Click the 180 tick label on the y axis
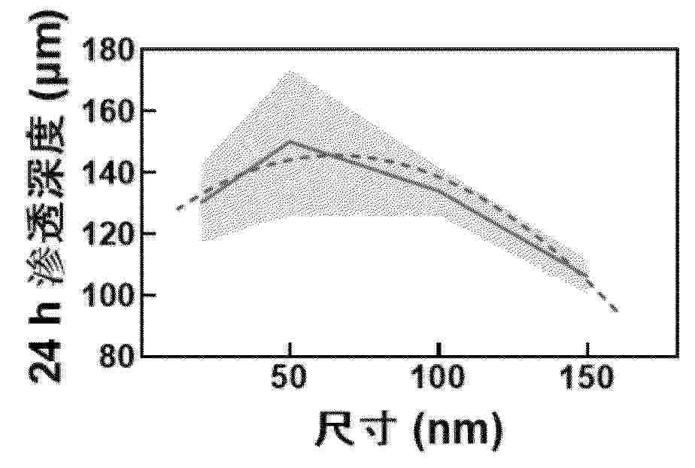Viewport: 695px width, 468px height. point(114,52)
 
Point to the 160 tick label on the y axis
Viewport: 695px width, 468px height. point(114,112)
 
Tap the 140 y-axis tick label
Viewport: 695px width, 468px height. point(114,173)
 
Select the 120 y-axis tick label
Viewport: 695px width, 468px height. point(114,234)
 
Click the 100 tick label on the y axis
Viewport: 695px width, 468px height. point(114,295)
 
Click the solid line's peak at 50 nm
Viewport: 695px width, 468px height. point(290,141)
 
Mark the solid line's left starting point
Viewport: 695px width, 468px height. point(202,202)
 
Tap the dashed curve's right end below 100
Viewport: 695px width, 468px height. point(617,311)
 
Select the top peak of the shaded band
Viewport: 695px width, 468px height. point(288,71)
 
